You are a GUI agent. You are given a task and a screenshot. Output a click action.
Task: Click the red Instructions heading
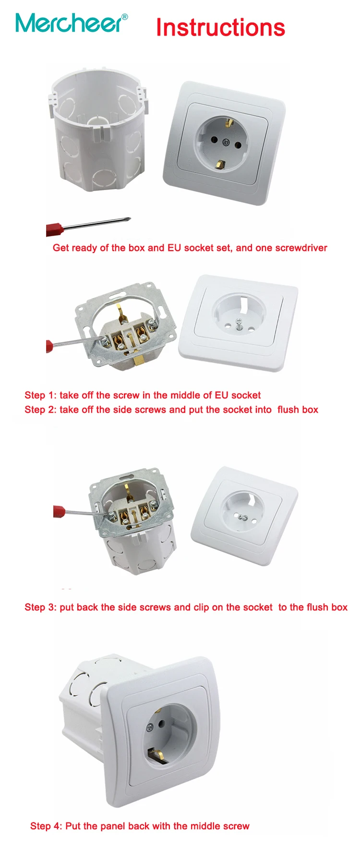pyautogui.click(x=220, y=27)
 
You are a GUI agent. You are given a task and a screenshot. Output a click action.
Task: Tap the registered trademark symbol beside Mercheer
pyautogui.click(x=125, y=16)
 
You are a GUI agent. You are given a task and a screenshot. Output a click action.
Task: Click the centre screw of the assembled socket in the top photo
pyautogui.click(x=226, y=141)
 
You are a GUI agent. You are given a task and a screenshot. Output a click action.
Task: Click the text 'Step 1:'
pyautogui.click(x=40, y=395)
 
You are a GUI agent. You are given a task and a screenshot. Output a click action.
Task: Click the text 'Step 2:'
pyautogui.click(x=40, y=410)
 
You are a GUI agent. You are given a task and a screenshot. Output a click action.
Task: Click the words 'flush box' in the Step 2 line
pyautogui.click(x=298, y=410)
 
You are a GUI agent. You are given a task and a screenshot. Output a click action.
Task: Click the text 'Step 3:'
pyautogui.click(x=40, y=608)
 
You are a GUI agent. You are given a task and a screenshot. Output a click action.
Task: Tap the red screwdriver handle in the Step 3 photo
pyautogui.click(x=59, y=511)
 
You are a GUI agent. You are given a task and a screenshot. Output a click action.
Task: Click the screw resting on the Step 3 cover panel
pyautogui.click(x=244, y=518)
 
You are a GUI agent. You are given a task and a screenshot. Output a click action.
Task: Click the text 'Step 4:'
pyautogui.click(x=46, y=826)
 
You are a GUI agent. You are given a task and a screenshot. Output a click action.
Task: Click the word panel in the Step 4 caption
pyautogui.click(x=113, y=826)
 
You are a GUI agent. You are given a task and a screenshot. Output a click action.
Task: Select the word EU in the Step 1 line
pyautogui.click(x=221, y=395)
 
